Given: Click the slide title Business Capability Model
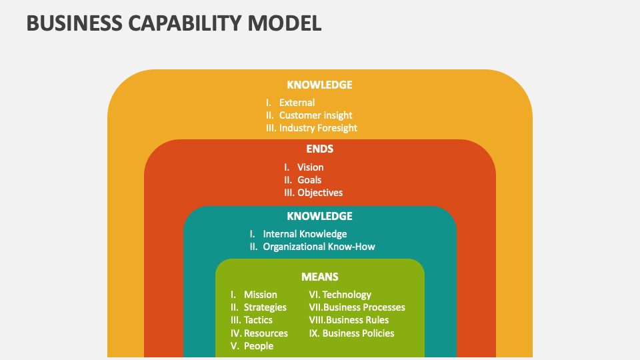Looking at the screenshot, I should coord(174,23).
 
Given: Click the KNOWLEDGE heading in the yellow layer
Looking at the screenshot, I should coord(319,85).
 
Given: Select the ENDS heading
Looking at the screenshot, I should coord(319,149).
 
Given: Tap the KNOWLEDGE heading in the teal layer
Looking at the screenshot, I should coord(319,216).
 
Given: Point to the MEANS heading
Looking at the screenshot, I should coord(319,277).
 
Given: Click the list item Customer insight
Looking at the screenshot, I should coord(315,115).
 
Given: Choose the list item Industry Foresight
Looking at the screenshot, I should coord(318,128).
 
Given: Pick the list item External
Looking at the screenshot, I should coord(297,103).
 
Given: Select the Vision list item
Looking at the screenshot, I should coord(310,167).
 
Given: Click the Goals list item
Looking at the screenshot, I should coord(309,180).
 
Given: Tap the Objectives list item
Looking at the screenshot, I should coord(320,193).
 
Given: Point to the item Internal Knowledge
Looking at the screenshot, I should coord(305,234).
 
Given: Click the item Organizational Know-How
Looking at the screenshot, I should coord(319,247).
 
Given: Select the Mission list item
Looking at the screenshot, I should coord(260,295).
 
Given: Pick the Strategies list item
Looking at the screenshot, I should coord(265,307).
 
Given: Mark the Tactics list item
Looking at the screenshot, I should coord(258,320).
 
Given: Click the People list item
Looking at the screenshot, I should coord(258,346).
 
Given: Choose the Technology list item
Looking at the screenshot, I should coord(347,295).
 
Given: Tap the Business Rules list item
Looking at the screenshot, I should coord(356,320).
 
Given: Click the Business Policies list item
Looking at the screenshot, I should coord(358,333).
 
